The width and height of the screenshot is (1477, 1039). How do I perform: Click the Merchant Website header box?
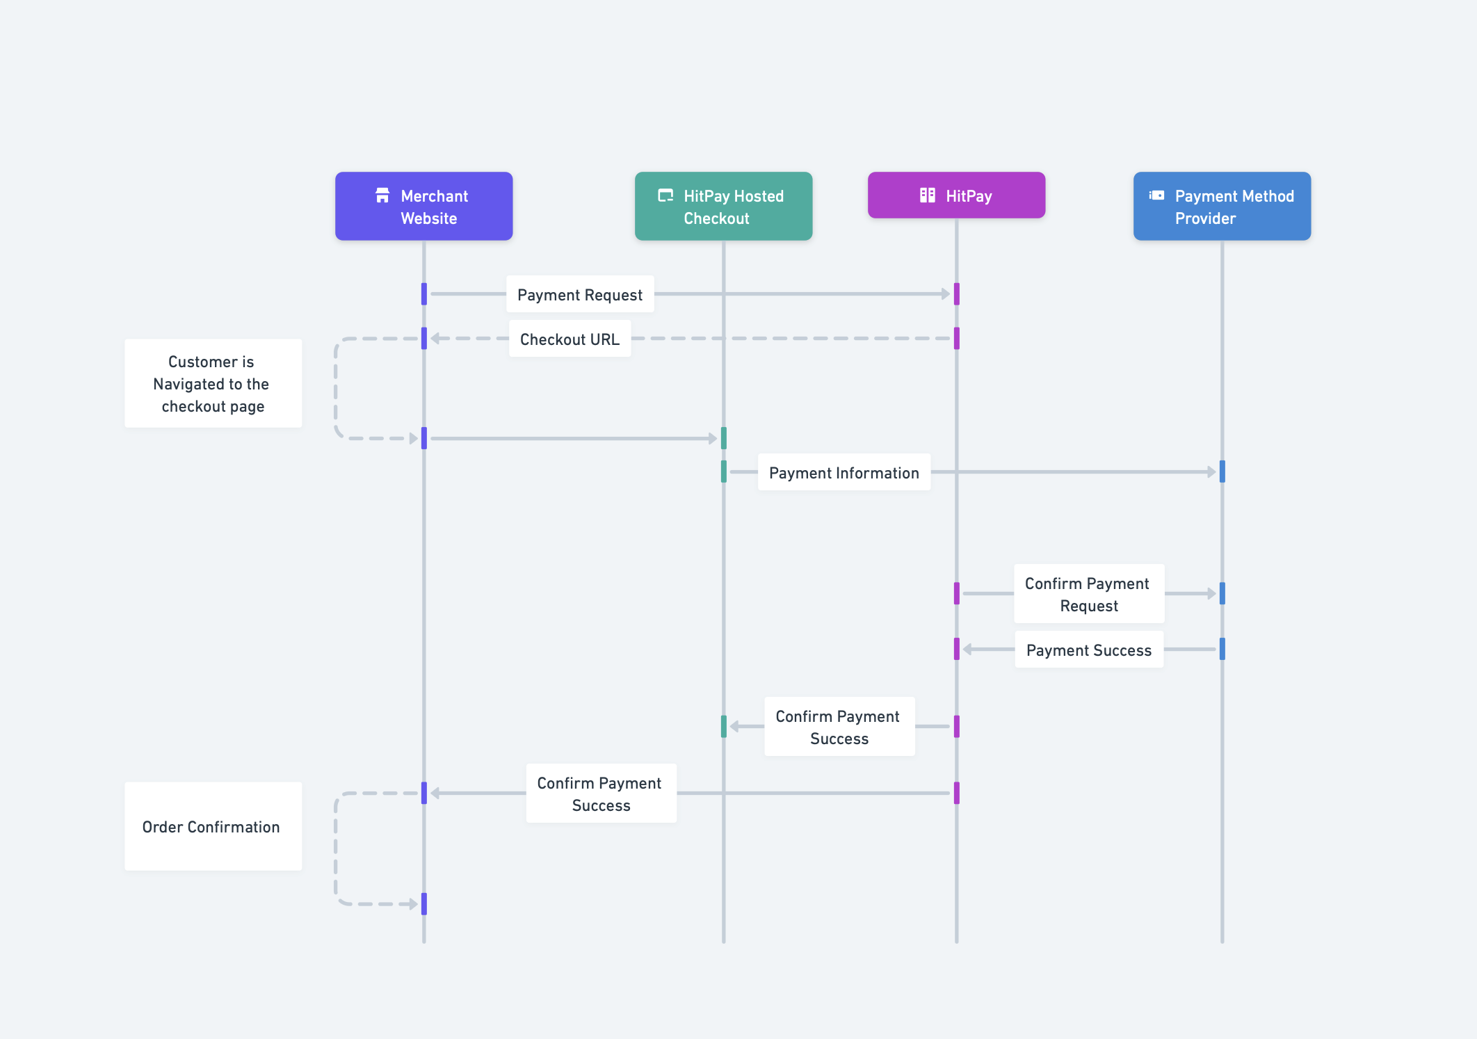(423, 207)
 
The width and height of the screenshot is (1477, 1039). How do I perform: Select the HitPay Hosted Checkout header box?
(723, 207)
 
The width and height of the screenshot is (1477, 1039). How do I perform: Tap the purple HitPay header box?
(956, 195)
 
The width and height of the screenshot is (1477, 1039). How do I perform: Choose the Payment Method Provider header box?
(1222, 207)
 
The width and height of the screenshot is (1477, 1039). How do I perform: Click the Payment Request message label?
(580, 294)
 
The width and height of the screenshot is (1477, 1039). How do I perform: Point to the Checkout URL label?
(570, 339)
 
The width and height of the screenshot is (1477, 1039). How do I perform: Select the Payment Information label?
(844, 472)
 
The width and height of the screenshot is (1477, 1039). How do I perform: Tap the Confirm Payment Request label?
(1088, 594)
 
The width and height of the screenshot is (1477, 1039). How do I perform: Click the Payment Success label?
(1088, 650)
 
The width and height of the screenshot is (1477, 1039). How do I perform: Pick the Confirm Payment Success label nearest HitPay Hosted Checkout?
(839, 727)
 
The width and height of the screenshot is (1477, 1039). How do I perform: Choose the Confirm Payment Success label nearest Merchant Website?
(601, 794)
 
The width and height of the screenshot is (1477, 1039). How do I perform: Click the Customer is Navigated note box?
(213, 383)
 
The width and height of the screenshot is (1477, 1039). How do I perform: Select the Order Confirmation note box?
(213, 826)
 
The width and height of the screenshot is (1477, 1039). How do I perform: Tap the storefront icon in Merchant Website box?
(382, 195)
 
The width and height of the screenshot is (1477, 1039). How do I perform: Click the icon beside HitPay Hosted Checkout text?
(665, 195)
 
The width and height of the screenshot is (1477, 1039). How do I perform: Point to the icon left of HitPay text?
(927, 195)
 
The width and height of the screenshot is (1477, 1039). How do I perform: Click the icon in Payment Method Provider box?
(1156, 195)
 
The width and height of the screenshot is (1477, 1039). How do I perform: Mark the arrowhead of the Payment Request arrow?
(946, 294)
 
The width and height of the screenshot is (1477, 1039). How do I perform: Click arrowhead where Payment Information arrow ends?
(1211, 472)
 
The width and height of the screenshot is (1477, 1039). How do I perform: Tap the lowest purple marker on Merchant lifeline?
(424, 904)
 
